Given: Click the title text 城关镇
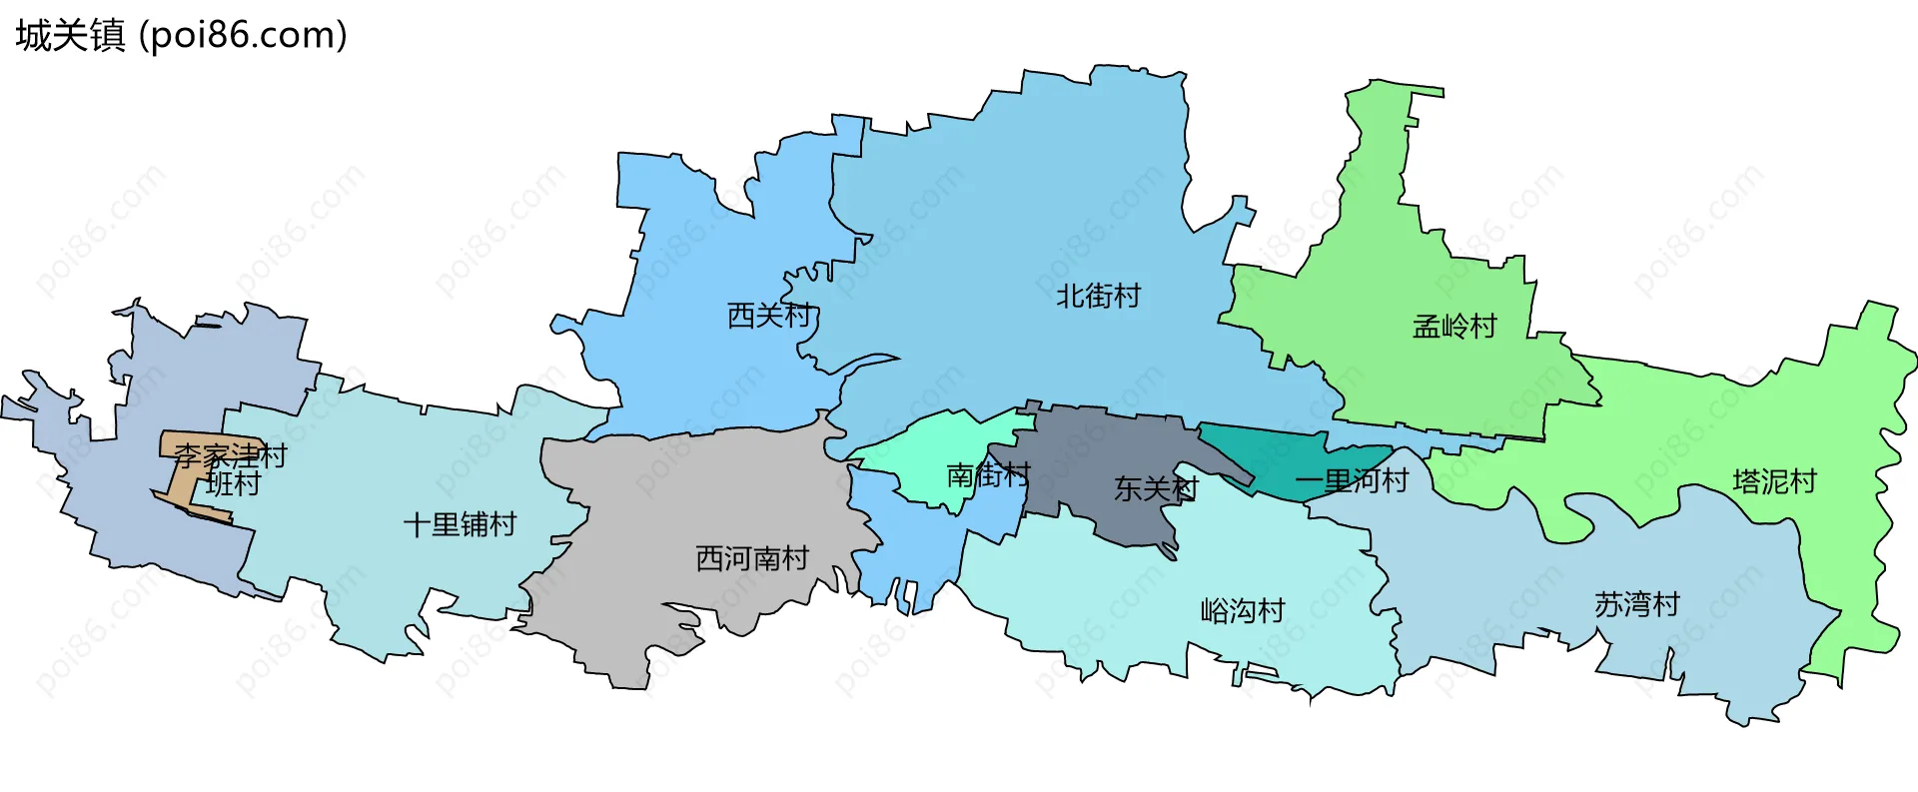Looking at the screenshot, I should tap(70, 36).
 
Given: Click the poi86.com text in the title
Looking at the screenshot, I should tap(243, 36).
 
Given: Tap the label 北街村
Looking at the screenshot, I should tap(1098, 297).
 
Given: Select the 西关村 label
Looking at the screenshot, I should tap(769, 316).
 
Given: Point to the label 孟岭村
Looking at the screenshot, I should tap(1454, 327).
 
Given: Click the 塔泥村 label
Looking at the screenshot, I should tap(1774, 482).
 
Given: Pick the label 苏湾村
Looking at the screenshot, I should tap(1636, 604).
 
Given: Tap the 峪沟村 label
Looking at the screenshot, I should tap(1242, 610).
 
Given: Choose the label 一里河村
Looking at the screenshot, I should tap(1351, 481).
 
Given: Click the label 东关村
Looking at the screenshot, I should tap(1155, 488).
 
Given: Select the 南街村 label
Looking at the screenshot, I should tap(987, 474).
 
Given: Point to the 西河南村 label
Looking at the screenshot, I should tap(751, 558).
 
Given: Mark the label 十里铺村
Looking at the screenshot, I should tap(460, 524).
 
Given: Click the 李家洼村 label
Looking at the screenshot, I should tap(230, 456).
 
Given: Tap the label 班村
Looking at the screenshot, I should tap(233, 484).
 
